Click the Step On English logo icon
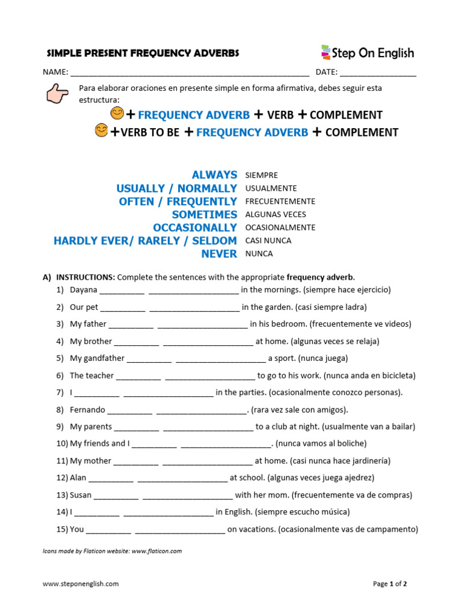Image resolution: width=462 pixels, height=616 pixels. (x=325, y=52)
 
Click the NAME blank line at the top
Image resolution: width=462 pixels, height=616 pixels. (x=189, y=73)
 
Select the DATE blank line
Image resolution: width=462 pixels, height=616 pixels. (x=378, y=73)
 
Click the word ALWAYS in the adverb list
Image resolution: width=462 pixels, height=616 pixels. (x=214, y=175)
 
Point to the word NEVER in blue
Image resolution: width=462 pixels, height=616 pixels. (x=219, y=254)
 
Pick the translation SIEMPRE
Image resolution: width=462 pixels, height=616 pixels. (x=262, y=176)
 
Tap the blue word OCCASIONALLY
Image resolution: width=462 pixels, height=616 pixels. (x=195, y=228)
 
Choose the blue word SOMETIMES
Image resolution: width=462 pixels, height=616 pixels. (x=205, y=215)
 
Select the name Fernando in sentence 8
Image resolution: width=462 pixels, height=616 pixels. (x=87, y=410)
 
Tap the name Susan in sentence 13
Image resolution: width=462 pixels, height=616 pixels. (x=81, y=496)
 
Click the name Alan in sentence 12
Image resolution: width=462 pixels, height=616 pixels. (x=78, y=478)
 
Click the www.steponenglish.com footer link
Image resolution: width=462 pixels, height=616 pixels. (x=81, y=584)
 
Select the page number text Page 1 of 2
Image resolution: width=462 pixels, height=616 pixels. (x=390, y=584)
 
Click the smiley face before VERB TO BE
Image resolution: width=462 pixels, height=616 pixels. (x=102, y=131)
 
